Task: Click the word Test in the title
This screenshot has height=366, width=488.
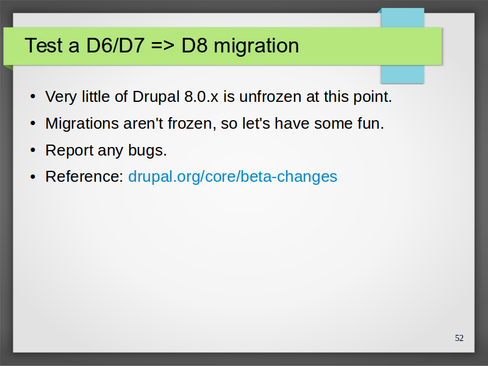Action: point(44,45)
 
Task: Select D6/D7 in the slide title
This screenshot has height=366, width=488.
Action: point(115,45)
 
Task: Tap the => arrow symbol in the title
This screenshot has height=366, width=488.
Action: point(163,46)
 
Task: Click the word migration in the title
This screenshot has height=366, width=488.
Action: point(256,46)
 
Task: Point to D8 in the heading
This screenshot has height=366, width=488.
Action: point(195,45)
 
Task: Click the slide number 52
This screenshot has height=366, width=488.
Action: point(459,338)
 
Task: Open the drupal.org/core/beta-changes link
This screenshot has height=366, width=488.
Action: point(232,177)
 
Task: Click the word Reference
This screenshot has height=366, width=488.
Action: point(84,176)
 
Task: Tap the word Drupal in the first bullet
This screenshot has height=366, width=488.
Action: point(156,97)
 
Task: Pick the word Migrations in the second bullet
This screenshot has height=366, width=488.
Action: point(82,124)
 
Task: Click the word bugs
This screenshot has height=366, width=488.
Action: point(148,151)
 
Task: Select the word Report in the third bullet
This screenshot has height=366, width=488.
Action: point(70,151)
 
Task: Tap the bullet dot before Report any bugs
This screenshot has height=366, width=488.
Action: point(33,150)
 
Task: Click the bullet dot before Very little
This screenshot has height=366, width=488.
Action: point(33,96)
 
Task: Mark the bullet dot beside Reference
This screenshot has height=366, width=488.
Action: point(33,177)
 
